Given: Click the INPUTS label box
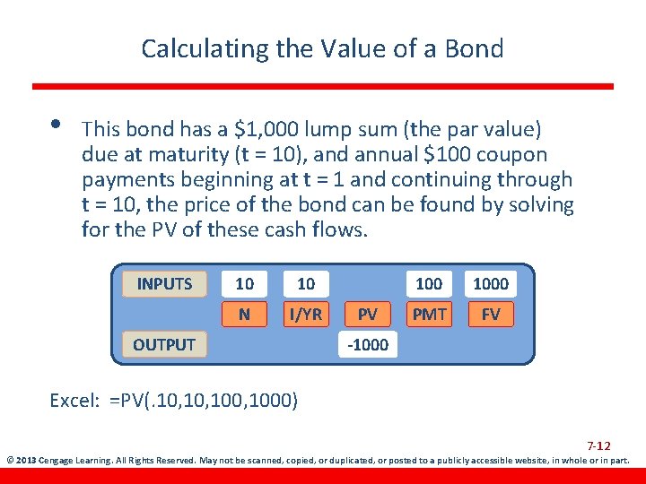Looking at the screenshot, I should tap(164, 284).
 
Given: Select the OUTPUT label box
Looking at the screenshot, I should tap(164, 344).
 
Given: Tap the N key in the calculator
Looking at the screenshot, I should tap(244, 314).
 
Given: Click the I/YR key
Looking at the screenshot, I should tap(306, 314).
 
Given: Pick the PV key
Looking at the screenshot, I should tap(367, 314).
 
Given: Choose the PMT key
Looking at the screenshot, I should tap(429, 314).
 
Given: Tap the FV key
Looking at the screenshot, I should tap(491, 314).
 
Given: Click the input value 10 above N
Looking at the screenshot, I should tap(244, 284).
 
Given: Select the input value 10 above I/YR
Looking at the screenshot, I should tap(306, 284).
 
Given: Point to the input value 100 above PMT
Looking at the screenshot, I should tap(429, 284).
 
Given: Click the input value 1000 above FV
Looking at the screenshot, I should tap(491, 284).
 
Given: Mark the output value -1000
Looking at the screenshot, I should tap(368, 344).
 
